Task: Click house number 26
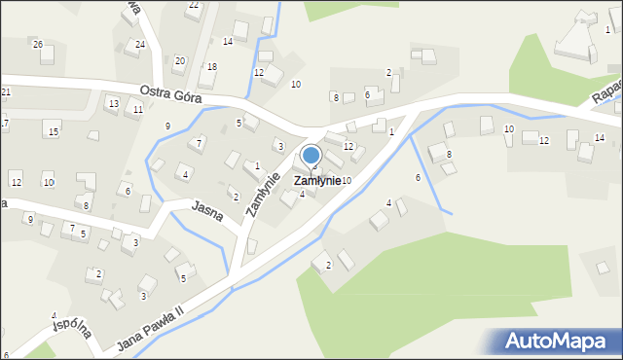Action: tap(37, 45)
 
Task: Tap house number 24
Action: tap(140, 45)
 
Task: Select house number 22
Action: tap(193, 6)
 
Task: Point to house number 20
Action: tap(179, 60)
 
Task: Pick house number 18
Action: tap(211, 66)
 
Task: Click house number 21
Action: tap(6, 91)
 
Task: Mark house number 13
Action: tap(113, 103)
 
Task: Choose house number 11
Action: tap(138, 110)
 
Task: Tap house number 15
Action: tap(54, 131)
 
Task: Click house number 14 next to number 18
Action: tap(227, 41)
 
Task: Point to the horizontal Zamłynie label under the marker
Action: tap(317, 181)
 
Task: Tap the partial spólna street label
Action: tap(72, 329)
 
